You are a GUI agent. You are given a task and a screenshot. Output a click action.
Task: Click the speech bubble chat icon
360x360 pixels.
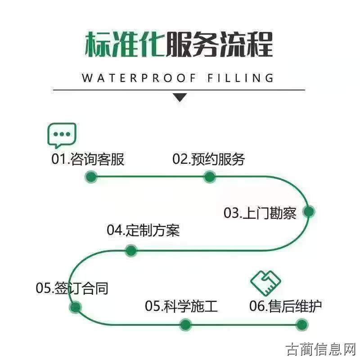(62, 135)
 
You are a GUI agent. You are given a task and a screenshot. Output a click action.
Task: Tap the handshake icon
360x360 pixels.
(265, 283)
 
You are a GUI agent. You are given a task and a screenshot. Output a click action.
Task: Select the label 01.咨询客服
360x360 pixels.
(88, 159)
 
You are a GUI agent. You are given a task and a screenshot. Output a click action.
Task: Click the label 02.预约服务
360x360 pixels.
(209, 159)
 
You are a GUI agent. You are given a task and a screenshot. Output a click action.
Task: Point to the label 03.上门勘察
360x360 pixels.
(260, 213)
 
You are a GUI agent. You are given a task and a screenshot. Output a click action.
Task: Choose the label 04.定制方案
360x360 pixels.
(143, 230)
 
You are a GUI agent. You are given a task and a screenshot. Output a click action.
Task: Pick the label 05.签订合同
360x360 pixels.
(72, 288)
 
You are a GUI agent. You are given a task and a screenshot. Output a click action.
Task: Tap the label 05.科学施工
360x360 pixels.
(181, 306)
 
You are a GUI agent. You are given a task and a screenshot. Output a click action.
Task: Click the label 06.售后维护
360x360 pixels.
(286, 306)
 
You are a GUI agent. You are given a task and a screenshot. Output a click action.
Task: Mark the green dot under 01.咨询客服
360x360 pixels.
(91, 177)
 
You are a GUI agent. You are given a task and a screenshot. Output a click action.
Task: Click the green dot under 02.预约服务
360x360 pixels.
(210, 177)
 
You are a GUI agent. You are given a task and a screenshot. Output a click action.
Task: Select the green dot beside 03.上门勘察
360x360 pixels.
(309, 211)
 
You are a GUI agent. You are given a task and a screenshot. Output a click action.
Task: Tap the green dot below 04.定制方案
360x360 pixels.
(131, 251)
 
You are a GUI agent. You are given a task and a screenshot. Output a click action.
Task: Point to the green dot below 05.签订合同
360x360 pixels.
(76, 307)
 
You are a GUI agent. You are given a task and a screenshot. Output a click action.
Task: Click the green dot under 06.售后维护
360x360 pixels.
(302, 325)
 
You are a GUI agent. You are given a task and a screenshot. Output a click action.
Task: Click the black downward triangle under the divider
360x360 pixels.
(180, 97)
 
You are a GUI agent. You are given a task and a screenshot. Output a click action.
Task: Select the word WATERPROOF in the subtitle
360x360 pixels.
(139, 78)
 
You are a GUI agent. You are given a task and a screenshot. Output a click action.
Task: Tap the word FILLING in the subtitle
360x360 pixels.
(240, 78)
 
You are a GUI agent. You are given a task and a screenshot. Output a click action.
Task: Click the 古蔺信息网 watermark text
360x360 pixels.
(321, 349)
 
